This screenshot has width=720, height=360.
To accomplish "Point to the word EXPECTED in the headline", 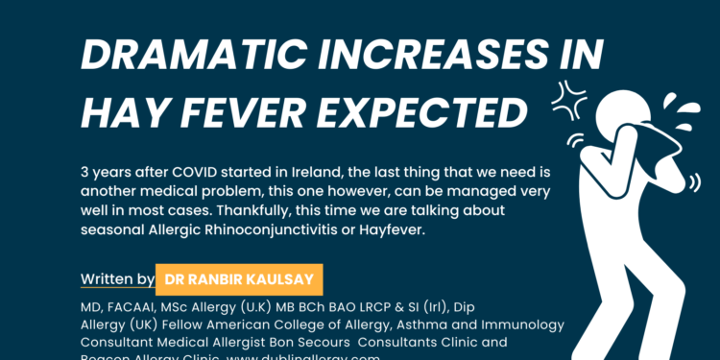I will [x=428, y=113].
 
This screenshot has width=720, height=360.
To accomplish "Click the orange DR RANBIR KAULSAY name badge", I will [x=239, y=279].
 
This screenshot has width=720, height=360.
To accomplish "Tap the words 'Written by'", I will [x=118, y=279].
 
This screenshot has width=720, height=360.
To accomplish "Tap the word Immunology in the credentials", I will [x=523, y=325].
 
